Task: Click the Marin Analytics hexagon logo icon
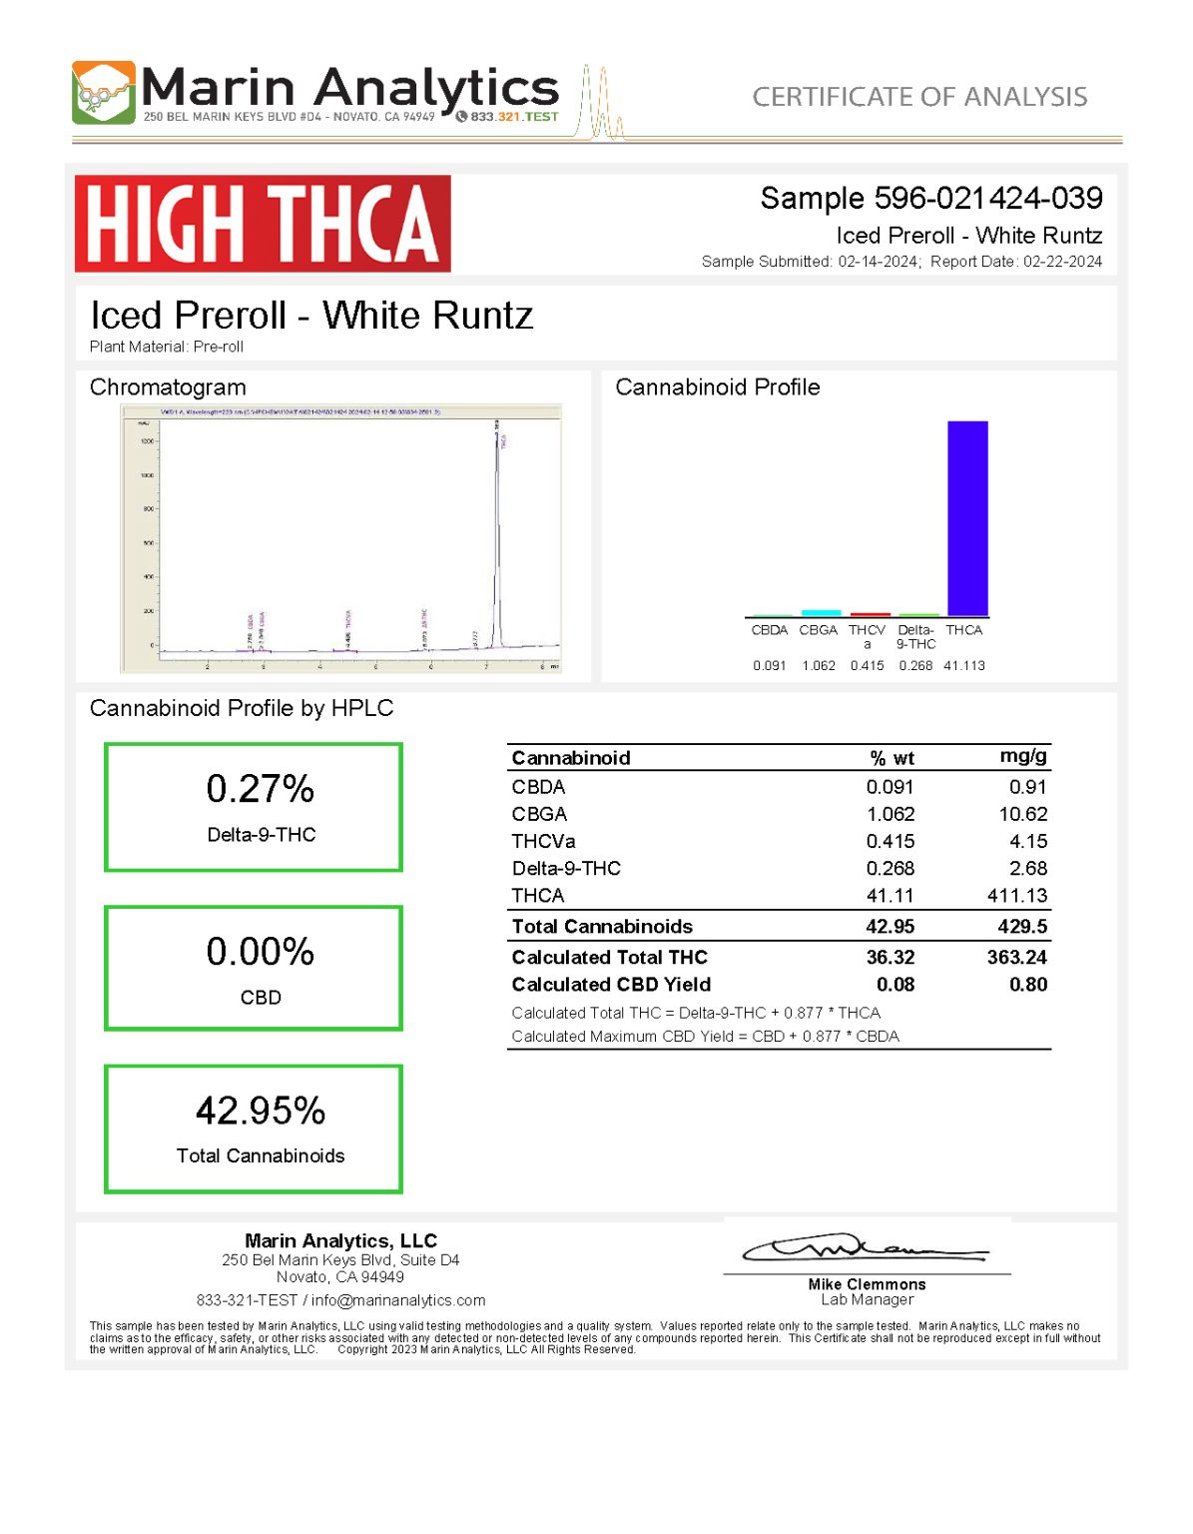point(103,93)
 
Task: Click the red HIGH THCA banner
point(263,224)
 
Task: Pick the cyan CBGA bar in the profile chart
point(820,612)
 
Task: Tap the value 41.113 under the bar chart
point(963,665)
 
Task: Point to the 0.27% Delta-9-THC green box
point(254,807)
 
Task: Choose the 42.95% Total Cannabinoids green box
point(254,1129)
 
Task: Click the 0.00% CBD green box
point(254,968)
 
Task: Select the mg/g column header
point(1022,756)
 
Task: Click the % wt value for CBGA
point(890,814)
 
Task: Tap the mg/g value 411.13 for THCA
point(1016,896)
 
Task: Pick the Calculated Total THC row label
point(609,957)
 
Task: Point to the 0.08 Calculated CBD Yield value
point(895,985)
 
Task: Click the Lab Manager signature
point(865,1249)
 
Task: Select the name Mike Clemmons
point(867,1284)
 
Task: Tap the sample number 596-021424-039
point(987,198)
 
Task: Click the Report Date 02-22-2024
point(1062,262)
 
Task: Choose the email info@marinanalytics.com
point(398,1300)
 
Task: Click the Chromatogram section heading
point(168,387)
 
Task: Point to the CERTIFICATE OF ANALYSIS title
point(919,97)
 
